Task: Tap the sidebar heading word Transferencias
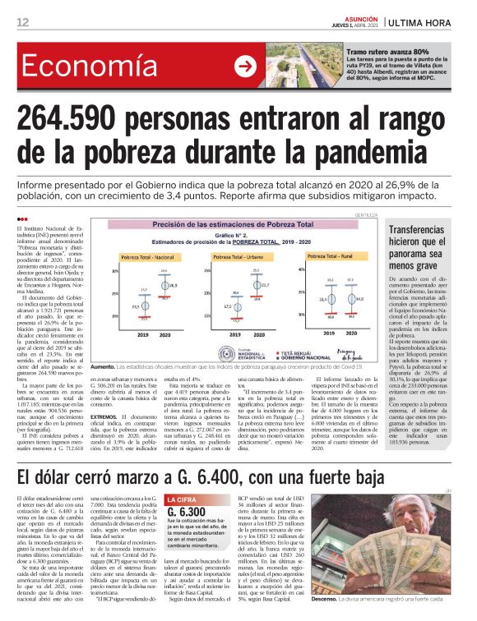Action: click(425, 233)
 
